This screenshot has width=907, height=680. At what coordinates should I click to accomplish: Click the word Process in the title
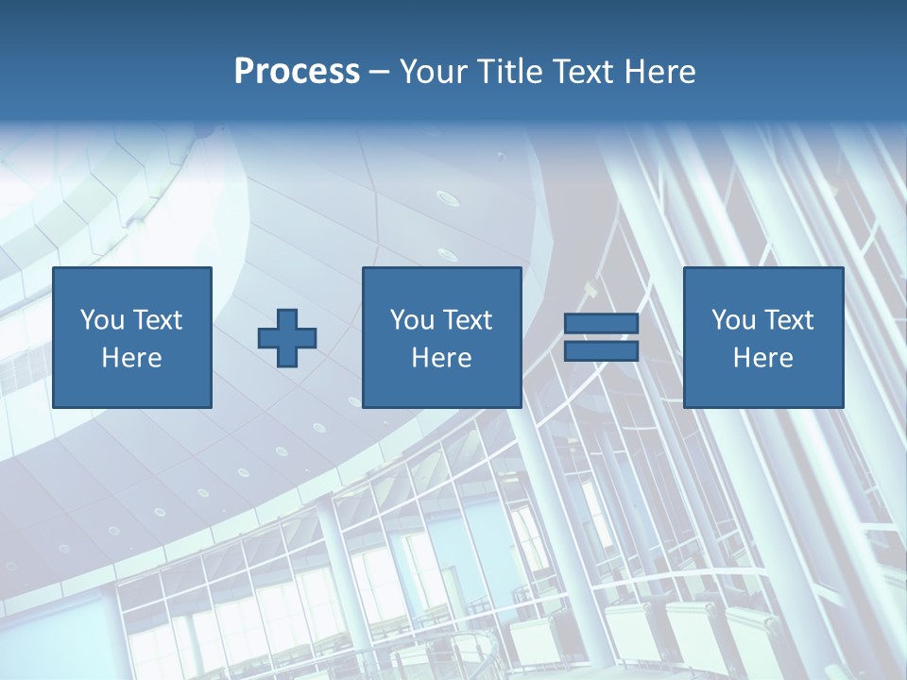tap(297, 72)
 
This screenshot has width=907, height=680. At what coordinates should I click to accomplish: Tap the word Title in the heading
tap(508, 72)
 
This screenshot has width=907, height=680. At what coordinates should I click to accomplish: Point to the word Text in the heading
tap(583, 72)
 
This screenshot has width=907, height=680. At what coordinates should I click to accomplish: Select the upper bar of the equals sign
tap(601, 324)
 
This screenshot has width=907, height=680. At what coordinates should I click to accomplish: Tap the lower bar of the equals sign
tap(601, 351)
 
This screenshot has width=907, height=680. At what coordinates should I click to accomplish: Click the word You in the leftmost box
tap(101, 320)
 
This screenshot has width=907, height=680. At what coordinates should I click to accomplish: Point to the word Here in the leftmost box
tap(131, 358)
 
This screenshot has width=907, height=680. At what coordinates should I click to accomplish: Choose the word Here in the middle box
tap(441, 358)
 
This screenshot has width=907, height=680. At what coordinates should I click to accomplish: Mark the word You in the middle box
tap(411, 320)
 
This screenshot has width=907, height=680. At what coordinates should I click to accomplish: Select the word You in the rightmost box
tap(733, 320)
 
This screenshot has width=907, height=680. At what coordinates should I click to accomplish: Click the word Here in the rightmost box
tap(763, 358)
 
